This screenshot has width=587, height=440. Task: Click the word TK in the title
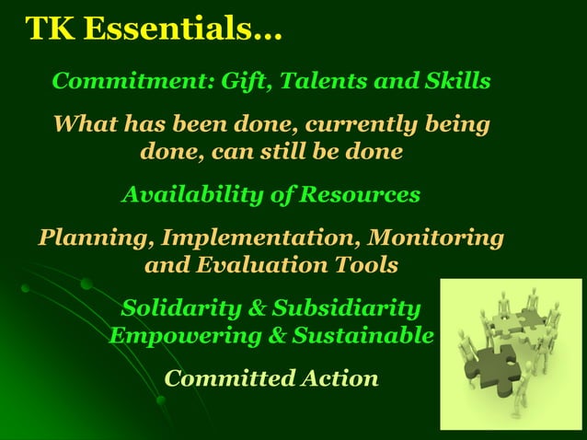tap(50, 29)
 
